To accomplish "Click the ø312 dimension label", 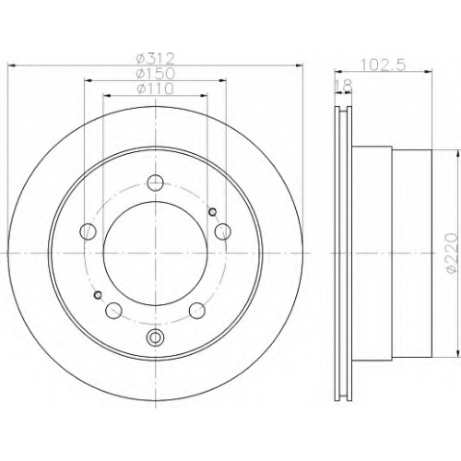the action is click(156, 57).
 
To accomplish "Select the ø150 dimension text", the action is click(156, 73).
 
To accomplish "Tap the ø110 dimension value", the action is click(156, 89).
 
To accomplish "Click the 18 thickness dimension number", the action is click(344, 87).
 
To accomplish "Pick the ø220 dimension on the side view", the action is click(452, 253).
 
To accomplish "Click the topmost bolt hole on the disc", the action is click(156, 183).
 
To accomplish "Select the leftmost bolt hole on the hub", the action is click(88, 231).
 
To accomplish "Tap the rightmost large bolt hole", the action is click(223, 231).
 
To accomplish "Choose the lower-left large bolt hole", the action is click(113, 311).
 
